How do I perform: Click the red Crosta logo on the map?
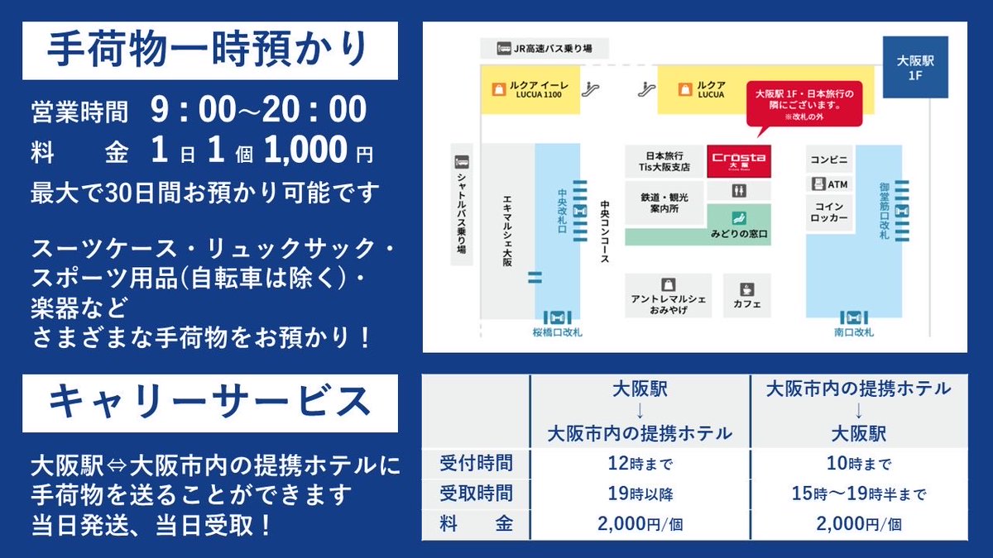tap(738, 160)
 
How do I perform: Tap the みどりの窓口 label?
tap(739, 235)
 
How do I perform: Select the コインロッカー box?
tap(829, 212)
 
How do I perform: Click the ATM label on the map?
tap(829, 184)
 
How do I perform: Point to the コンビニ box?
tap(829, 158)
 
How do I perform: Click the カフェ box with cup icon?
tap(746, 295)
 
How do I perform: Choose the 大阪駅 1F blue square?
tap(914, 67)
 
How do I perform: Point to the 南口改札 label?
tap(853, 333)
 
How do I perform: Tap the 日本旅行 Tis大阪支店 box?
tap(664, 160)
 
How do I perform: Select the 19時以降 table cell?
tap(640, 494)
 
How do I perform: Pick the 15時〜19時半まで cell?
tap(859, 494)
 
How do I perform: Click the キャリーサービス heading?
tap(209, 403)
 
